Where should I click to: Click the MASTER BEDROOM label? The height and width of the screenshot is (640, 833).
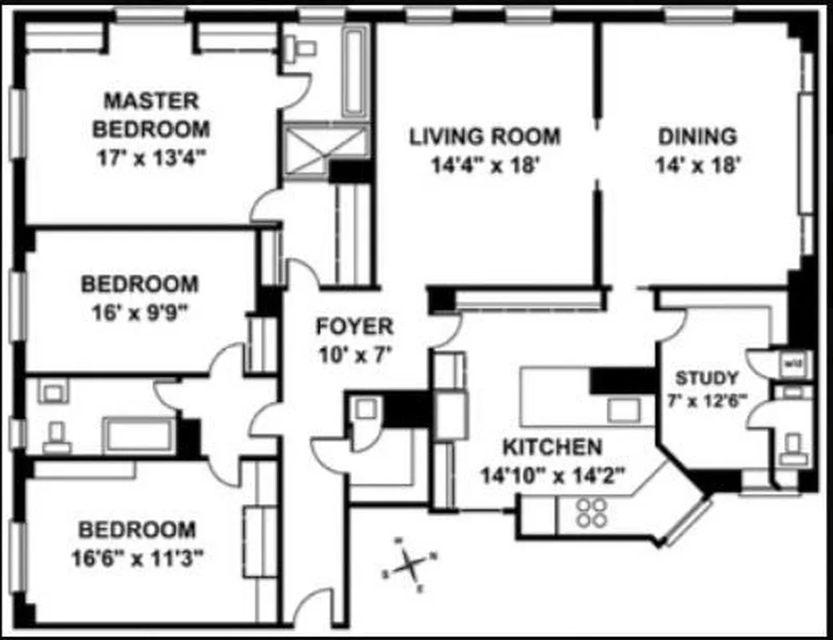click(151, 114)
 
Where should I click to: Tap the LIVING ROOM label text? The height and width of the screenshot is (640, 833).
click(485, 136)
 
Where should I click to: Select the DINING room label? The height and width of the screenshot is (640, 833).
click(697, 136)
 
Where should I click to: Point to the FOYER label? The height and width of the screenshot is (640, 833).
click(354, 326)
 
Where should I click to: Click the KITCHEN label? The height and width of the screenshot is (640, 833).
click(551, 446)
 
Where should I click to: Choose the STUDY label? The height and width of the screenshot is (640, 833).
click(707, 378)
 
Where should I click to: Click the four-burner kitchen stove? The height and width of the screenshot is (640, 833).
click(591, 512)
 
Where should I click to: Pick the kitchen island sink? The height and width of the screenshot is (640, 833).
click(623, 410)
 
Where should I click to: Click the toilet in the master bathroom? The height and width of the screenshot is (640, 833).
click(303, 49)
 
